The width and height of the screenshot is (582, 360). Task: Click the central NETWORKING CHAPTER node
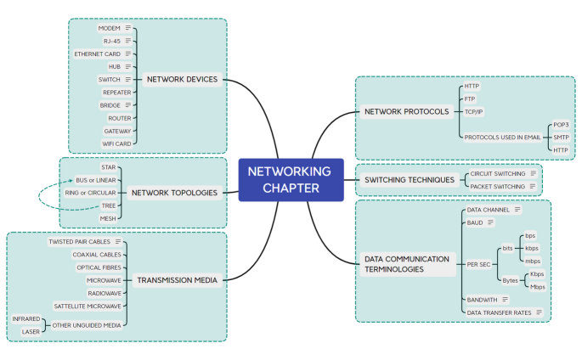291,180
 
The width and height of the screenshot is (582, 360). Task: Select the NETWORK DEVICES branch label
182,80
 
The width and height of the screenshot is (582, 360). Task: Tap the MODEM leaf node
109,28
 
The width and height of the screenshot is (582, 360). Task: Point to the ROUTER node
119,118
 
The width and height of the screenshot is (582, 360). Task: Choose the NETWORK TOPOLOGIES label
174,193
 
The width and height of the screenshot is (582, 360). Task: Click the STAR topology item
108,167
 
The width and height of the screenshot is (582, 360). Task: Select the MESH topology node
107,218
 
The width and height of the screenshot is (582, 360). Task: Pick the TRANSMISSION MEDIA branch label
177,279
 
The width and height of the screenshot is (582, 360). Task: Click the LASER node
30,331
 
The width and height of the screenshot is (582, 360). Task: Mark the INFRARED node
25,318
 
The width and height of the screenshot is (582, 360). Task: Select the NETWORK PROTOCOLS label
406,111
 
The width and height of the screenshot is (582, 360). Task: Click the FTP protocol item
470,98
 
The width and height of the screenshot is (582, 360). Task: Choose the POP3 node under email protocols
560,124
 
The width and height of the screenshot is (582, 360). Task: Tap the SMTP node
561,137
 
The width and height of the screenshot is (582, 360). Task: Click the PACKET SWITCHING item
497,186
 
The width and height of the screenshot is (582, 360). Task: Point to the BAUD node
475,222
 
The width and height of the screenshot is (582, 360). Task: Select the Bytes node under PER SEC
510,280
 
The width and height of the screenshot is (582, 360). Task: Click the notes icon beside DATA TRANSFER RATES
539,312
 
